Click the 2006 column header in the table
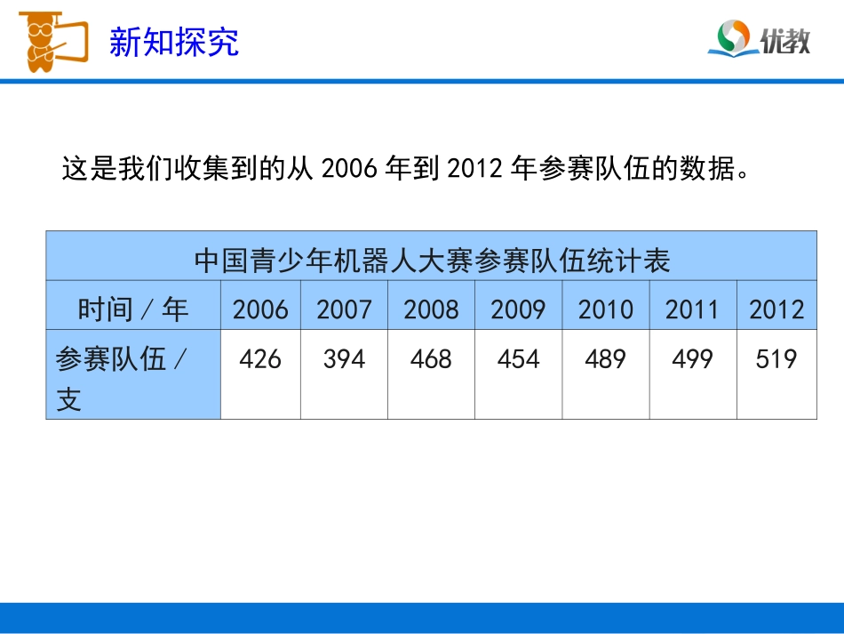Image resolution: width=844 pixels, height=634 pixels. click(260, 309)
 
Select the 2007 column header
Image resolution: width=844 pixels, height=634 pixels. click(344, 309)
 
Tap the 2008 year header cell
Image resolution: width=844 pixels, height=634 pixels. click(431, 309)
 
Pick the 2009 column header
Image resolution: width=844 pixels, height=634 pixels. click(518, 309)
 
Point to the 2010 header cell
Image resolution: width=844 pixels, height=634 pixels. click(605, 309)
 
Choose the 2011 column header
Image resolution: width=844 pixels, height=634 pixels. click(692, 309)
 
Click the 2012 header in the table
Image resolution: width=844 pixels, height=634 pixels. click(776, 309)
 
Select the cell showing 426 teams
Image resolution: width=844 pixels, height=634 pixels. click(260, 359)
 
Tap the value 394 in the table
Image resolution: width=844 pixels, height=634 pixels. click(344, 359)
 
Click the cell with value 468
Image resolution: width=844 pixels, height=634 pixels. click(431, 359)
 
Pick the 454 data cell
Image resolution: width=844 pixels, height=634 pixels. click(518, 359)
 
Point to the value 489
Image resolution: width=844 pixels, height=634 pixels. click(605, 359)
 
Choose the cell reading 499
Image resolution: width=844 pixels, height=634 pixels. click(692, 359)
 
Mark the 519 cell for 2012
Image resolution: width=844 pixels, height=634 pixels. click(776, 359)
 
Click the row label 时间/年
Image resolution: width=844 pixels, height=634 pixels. click(133, 309)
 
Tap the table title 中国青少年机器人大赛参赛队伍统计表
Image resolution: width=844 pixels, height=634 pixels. click(432, 260)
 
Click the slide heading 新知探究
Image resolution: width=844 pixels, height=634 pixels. click(174, 42)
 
